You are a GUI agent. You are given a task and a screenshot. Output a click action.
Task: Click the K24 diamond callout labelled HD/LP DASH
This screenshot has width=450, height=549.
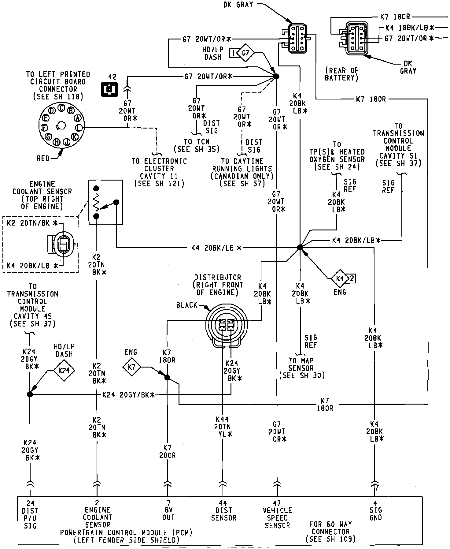click(64, 371)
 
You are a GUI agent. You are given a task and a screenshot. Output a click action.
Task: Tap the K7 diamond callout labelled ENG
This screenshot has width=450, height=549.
click(132, 367)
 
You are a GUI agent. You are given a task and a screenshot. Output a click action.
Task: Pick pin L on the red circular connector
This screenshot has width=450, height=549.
click(79, 128)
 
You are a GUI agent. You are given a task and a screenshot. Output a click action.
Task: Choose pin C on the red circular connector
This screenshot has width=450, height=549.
click(61, 107)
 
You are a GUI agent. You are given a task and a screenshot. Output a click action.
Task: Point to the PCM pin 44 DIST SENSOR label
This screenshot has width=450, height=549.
click(223, 514)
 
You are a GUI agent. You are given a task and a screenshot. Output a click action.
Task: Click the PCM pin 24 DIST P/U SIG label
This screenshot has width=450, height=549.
click(30, 518)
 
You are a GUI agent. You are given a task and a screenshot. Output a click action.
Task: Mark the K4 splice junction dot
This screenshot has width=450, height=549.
click(300, 247)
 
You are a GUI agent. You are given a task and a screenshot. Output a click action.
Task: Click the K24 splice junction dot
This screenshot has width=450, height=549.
click(30, 394)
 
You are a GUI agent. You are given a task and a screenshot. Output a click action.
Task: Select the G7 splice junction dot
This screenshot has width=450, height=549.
click(276, 76)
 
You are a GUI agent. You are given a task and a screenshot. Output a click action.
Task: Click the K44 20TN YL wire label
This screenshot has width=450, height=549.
click(224, 427)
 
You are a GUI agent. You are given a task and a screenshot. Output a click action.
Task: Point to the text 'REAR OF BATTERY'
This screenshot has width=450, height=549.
click(341, 74)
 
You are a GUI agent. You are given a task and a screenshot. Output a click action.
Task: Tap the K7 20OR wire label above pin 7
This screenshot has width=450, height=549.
click(167, 452)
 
